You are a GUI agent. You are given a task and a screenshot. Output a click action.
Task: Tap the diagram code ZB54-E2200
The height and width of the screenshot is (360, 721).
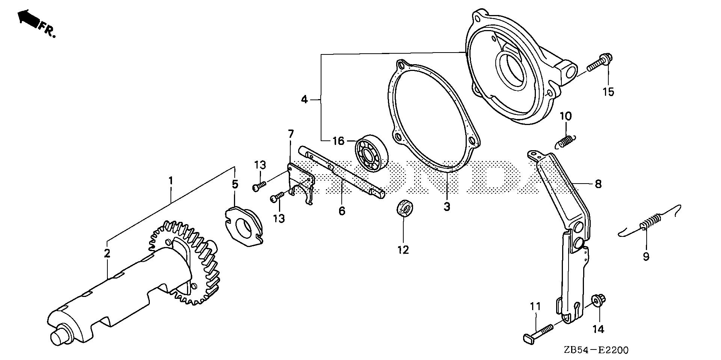tap(595, 350)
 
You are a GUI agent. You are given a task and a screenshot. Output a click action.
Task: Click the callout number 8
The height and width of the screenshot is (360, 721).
tap(598, 184)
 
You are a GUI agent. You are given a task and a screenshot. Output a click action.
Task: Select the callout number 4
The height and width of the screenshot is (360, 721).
tap(304, 99)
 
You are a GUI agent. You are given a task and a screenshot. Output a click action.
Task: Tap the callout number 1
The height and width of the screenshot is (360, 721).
tap(171, 181)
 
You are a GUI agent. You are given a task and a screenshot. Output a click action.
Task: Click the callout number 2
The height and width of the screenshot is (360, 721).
tap(107, 253)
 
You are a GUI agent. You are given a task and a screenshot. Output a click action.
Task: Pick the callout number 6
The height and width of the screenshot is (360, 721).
tap(342, 211)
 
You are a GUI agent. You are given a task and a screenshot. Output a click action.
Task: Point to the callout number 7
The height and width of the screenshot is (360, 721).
tap(291, 134)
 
